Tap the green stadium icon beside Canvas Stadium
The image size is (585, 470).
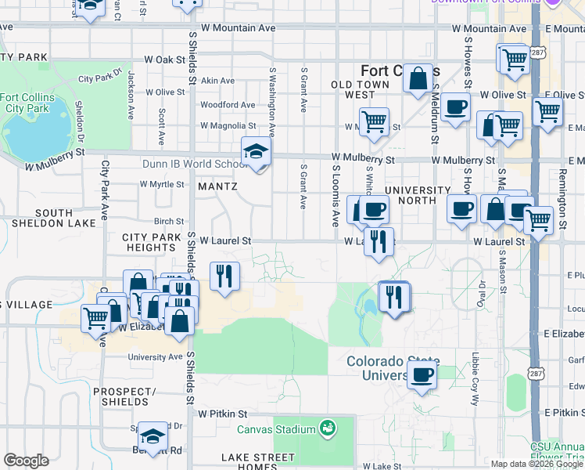328,428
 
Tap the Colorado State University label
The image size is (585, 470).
393,368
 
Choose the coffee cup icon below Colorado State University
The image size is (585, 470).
422,375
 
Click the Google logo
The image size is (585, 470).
26,461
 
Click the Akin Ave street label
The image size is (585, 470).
217,81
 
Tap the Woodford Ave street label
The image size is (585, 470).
228,104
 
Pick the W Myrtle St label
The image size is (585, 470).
161,184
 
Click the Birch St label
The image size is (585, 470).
169,222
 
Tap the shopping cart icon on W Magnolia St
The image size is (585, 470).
375,121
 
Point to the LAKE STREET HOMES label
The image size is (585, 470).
249,462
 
